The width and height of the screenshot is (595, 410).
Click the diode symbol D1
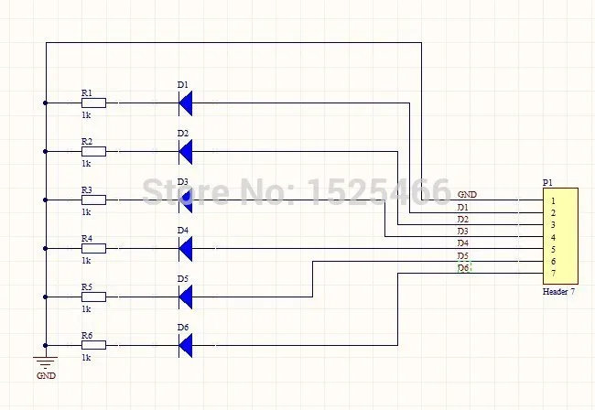point(186,103)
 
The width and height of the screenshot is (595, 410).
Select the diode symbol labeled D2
point(186,152)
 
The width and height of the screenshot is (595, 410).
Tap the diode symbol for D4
point(186,248)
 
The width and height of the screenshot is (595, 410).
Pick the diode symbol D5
point(186,297)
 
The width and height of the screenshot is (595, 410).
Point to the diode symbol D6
point(186,345)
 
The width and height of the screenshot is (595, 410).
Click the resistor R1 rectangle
point(93,103)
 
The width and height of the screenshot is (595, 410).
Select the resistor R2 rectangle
point(93,152)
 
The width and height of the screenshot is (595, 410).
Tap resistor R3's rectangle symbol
point(93,200)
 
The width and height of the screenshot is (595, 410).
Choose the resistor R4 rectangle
point(93,248)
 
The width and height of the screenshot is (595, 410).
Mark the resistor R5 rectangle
point(93,297)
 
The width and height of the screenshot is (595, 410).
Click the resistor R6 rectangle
point(93,345)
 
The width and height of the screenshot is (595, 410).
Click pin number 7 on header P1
point(553,274)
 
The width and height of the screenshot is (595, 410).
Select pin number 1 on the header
point(553,200)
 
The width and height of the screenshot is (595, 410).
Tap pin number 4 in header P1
point(553,237)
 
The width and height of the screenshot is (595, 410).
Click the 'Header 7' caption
point(558,291)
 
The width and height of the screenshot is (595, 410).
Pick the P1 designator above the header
point(547,182)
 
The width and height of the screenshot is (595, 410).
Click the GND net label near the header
point(466,195)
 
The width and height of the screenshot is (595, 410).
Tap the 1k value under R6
point(86,357)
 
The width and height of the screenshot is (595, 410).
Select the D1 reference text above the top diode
point(182,85)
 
